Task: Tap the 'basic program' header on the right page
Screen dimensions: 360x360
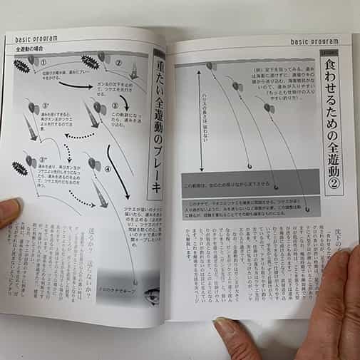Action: [314, 41]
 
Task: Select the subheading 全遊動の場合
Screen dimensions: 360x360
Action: [31, 50]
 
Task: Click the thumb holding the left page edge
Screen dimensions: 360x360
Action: [9, 210]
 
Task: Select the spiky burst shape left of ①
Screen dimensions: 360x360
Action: [22, 66]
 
